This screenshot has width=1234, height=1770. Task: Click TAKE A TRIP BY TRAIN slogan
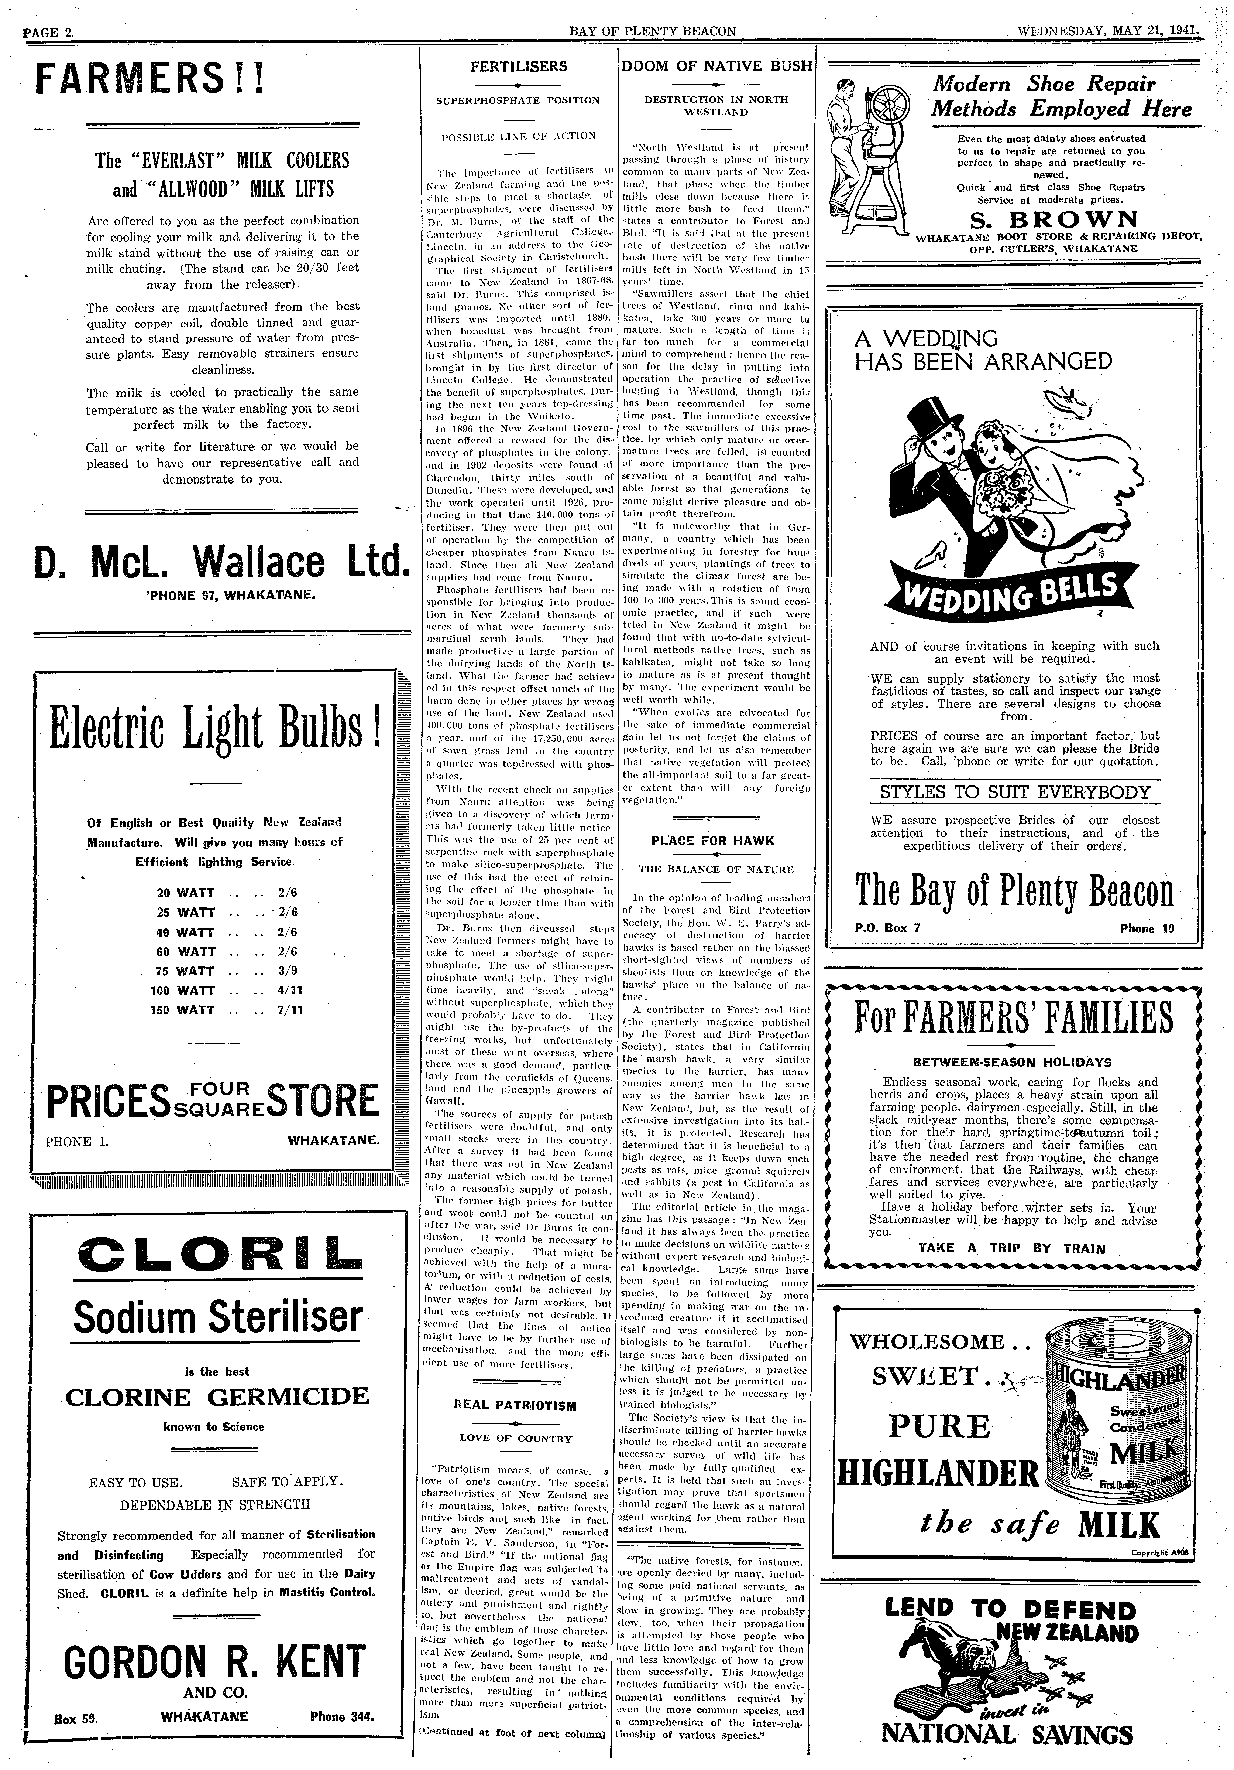tap(1011, 1248)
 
